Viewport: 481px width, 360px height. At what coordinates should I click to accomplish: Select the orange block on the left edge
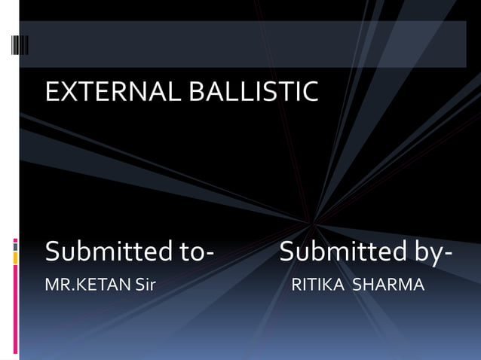[16, 258]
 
